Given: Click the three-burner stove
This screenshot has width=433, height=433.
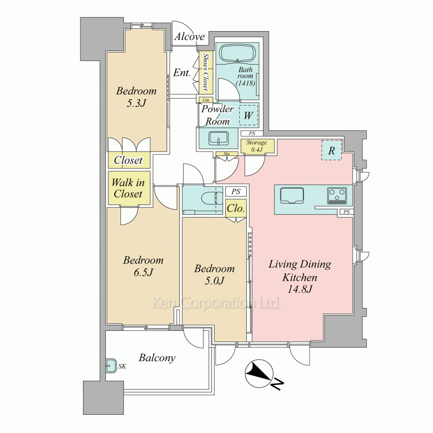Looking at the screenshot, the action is click(x=337, y=196).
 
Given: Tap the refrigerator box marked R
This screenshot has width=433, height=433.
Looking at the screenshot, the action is click(x=331, y=150).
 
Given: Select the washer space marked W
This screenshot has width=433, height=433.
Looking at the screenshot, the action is click(x=249, y=115).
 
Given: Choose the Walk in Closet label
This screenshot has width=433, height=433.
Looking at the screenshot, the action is click(x=128, y=188).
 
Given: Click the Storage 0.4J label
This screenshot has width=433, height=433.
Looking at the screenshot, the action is click(x=257, y=146).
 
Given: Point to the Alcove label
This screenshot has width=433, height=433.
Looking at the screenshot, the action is click(x=190, y=36).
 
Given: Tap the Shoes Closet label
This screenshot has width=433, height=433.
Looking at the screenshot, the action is click(x=206, y=72).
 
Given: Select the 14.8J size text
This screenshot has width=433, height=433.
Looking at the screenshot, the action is click(x=300, y=289).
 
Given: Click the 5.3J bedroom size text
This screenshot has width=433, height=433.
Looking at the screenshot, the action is click(x=136, y=103).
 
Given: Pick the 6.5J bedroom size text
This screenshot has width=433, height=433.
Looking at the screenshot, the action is click(x=143, y=272).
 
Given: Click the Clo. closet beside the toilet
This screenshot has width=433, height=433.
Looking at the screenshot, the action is click(x=236, y=208).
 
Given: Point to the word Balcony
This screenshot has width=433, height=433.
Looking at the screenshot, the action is click(x=157, y=358).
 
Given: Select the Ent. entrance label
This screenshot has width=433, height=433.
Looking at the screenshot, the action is click(x=182, y=73).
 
